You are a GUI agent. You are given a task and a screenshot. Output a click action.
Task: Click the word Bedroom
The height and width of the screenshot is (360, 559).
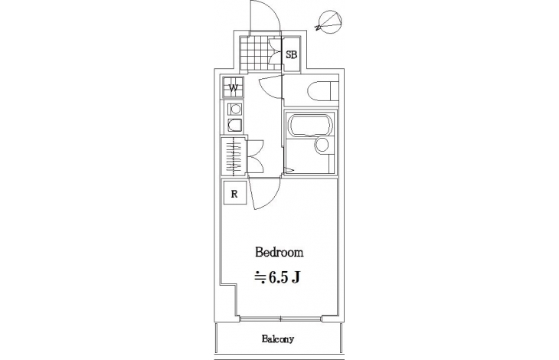pos(279,252)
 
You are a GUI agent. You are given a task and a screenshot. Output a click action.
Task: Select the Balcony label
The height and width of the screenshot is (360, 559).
pos(278,339)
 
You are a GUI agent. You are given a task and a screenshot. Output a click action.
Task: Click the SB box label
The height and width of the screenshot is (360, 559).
pos(291,55)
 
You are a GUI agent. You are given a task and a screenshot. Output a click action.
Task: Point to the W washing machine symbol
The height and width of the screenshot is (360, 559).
pos(233,87)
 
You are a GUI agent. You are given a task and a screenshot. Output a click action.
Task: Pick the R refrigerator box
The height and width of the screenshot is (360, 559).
pos(234,194)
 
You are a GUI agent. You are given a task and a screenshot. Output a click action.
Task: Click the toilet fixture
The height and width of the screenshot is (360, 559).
pos(322,92)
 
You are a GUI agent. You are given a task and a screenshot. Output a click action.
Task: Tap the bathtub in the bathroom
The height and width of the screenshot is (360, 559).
pos(310,125)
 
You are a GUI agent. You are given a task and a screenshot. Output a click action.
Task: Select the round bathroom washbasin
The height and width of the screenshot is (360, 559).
pos(322,145)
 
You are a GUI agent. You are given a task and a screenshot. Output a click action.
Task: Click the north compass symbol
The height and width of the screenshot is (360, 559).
pos(329,22)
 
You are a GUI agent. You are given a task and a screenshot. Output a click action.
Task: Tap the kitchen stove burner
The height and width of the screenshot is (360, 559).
pos(234,109)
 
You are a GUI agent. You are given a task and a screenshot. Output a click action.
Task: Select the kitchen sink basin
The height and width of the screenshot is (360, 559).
pos(234,125)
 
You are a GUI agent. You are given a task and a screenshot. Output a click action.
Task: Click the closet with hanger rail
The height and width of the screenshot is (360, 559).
pos(234,156)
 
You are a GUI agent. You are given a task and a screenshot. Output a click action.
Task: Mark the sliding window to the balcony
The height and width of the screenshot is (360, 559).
pos(280,319)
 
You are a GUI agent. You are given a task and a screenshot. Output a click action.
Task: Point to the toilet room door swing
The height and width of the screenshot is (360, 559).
pos(271,86)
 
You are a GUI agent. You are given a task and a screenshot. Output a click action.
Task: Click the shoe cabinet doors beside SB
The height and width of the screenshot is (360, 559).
pos(275,54)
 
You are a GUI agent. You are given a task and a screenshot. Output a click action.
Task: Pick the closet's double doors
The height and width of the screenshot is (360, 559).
pos(254,156)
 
